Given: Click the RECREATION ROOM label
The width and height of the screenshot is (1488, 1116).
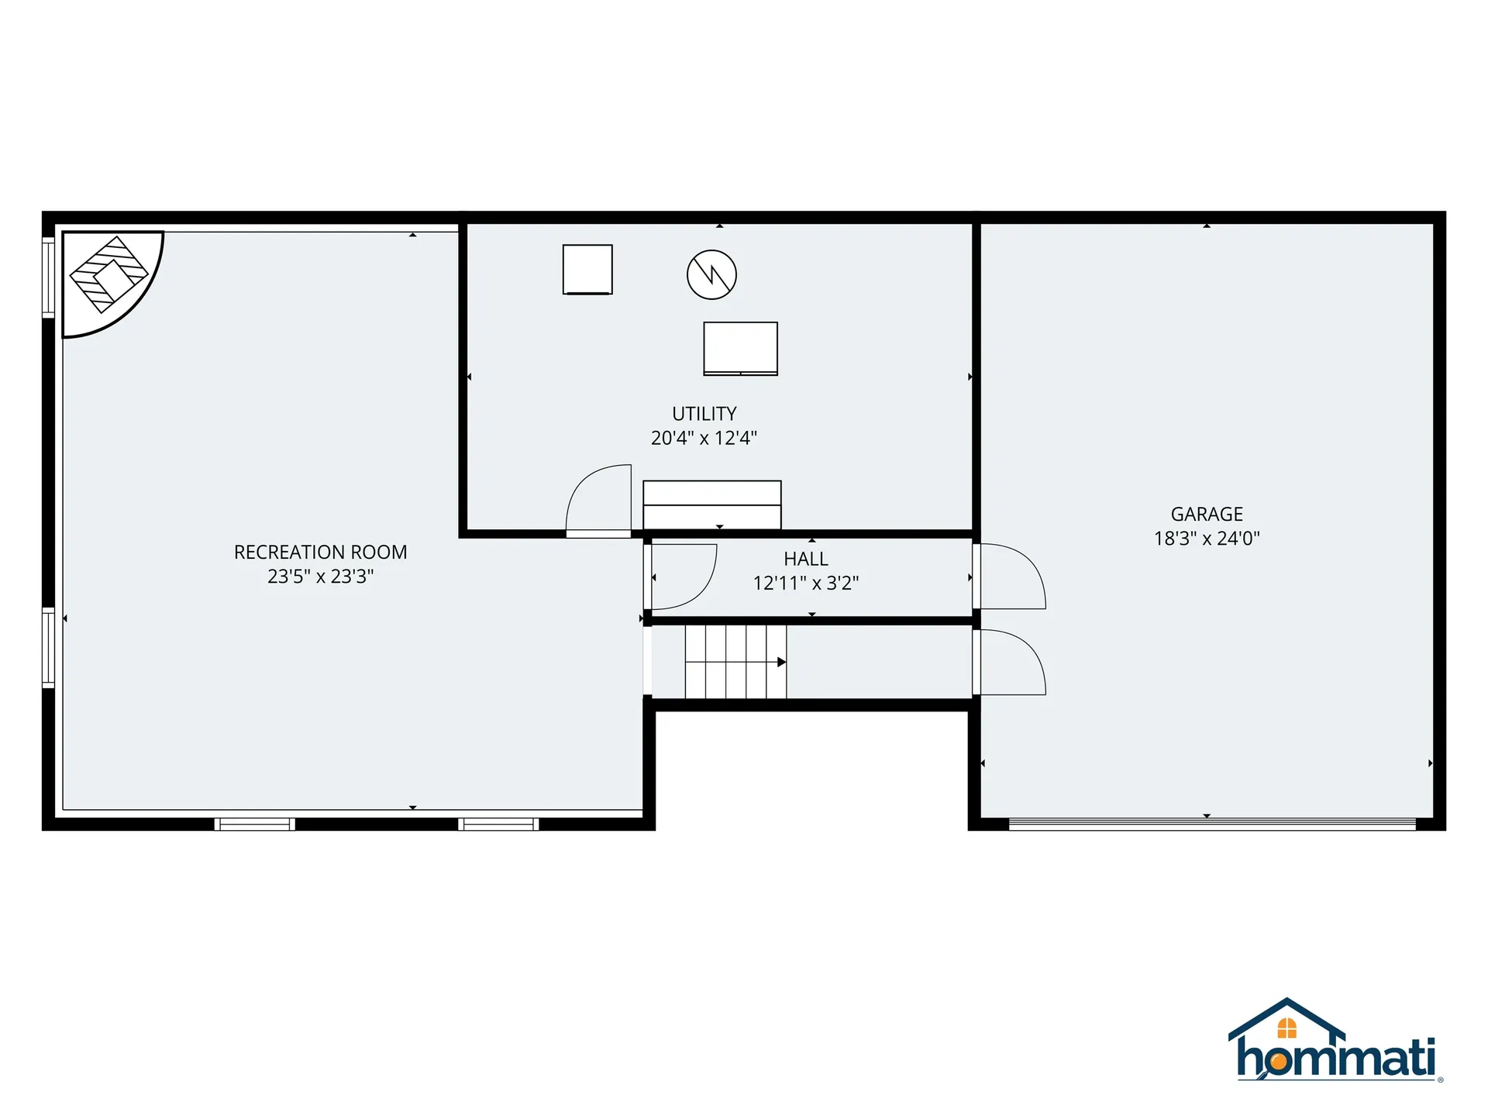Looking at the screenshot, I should [x=320, y=552].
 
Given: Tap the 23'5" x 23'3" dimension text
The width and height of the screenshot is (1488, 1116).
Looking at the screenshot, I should [x=320, y=577].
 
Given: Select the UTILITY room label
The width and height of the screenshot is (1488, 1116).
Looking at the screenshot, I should [x=704, y=414].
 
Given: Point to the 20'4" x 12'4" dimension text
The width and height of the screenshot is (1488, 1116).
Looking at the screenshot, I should [x=704, y=438].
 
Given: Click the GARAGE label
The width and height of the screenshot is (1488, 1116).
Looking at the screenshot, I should [x=1207, y=514].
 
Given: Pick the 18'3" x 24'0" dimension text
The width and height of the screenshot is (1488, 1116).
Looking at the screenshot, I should [x=1207, y=539].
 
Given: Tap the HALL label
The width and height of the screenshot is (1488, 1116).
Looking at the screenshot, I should [x=805, y=559].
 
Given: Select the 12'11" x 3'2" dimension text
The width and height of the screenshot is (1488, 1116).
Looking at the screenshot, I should [x=805, y=583].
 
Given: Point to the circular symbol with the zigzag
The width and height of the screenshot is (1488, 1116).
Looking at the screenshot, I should [x=711, y=274].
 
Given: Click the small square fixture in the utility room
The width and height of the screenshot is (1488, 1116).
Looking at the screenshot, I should [x=587, y=270].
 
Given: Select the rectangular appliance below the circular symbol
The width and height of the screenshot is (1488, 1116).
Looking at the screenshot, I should [x=740, y=349].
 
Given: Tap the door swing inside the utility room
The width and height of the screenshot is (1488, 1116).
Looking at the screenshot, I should [x=598, y=501].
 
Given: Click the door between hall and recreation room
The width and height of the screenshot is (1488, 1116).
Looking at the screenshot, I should [x=682, y=577].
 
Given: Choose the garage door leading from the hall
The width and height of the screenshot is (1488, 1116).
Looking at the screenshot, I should [x=1009, y=577].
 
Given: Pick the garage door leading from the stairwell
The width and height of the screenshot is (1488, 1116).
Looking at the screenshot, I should [x=1009, y=663].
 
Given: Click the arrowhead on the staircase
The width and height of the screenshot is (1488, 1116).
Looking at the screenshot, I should [x=781, y=662].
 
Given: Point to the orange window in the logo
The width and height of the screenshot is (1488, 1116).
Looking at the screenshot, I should [x=1286, y=1028].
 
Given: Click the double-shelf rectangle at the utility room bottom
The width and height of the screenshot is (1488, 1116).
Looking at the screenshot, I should [x=711, y=505].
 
